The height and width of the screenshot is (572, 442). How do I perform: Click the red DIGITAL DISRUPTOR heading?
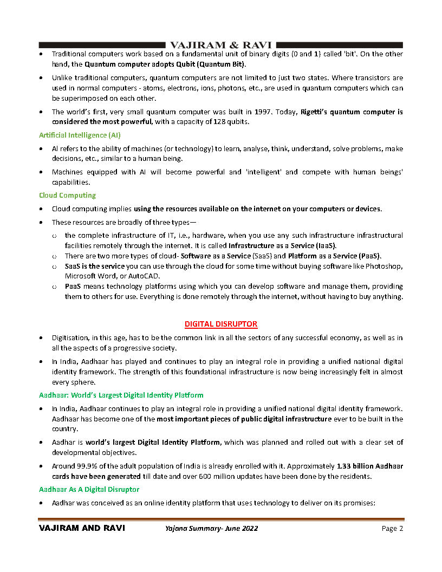pos(221,324)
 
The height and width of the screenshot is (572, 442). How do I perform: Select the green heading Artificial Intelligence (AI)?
pos(80,134)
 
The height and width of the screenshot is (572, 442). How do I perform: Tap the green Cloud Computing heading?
pos(67,195)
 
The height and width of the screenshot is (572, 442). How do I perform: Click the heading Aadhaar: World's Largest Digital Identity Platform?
pos(121,395)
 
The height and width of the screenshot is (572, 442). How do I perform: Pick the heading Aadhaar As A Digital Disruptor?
pos(89,489)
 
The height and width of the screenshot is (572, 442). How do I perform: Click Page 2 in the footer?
pos(392,529)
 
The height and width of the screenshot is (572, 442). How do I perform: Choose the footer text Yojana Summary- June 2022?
pos(212,529)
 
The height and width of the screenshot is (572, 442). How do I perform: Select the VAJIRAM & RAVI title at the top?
pos(220,45)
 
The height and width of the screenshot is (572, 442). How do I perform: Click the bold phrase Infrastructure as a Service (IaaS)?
pos(287,245)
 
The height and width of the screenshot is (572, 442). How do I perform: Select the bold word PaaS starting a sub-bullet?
pos(75,286)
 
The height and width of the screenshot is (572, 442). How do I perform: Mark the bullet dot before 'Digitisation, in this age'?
pos(42,338)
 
